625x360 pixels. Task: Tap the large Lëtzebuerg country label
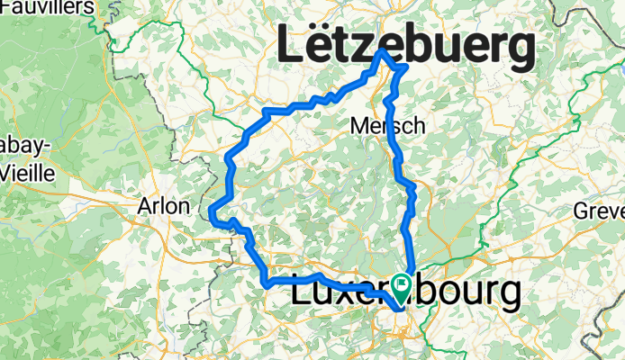click(405, 46)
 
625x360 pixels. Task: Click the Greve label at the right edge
click(599, 211)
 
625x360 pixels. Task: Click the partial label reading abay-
click(24, 148)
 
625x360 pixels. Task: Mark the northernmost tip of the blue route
click(383, 52)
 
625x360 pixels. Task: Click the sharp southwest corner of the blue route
click(267, 284)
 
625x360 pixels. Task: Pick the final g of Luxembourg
click(507, 297)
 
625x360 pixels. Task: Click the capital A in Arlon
click(145, 206)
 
